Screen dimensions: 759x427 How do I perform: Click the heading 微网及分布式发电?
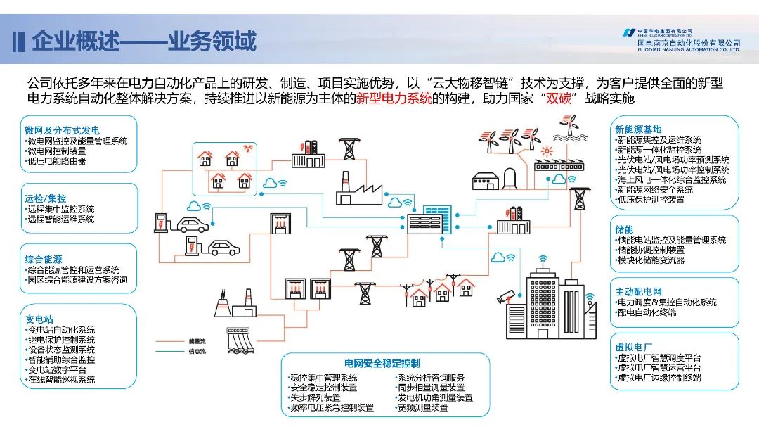(62, 130)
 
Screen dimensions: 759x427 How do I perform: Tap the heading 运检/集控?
(46, 198)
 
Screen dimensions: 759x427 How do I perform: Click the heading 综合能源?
(44, 260)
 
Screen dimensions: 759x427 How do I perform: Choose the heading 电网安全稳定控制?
(382, 364)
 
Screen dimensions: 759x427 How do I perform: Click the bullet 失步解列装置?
(315, 397)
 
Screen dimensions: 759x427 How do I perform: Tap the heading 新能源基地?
(638, 129)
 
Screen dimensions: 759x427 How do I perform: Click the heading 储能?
(624, 229)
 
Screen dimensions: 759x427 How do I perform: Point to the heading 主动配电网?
(638, 292)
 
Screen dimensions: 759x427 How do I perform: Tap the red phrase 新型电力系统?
(394, 98)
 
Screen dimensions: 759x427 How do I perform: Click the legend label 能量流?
(197, 341)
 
